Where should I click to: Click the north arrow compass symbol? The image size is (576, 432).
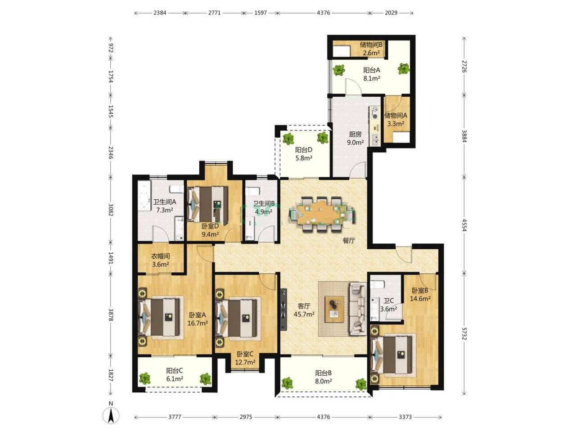click(x=111, y=415)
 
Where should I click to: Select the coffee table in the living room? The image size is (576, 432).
click(x=334, y=309)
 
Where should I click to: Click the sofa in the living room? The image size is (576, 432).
click(x=358, y=309)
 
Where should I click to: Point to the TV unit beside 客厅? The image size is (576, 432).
click(x=283, y=309)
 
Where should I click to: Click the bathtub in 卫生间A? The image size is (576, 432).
click(x=144, y=195)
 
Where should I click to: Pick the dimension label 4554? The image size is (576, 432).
click(x=464, y=225)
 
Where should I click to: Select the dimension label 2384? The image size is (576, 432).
click(x=160, y=13)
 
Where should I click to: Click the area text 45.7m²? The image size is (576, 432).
click(x=304, y=314)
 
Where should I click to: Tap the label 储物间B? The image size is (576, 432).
click(x=371, y=45)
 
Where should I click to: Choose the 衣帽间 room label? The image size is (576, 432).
click(x=160, y=256)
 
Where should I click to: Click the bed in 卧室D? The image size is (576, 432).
click(x=208, y=204)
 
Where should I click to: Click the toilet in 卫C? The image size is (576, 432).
click(x=378, y=284)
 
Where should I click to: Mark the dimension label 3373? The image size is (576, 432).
click(x=405, y=417)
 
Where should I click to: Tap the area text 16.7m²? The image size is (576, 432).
click(x=198, y=323)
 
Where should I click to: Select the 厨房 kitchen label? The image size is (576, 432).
click(x=355, y=134)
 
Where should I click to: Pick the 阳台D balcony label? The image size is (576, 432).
click(x=304, y=150)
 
